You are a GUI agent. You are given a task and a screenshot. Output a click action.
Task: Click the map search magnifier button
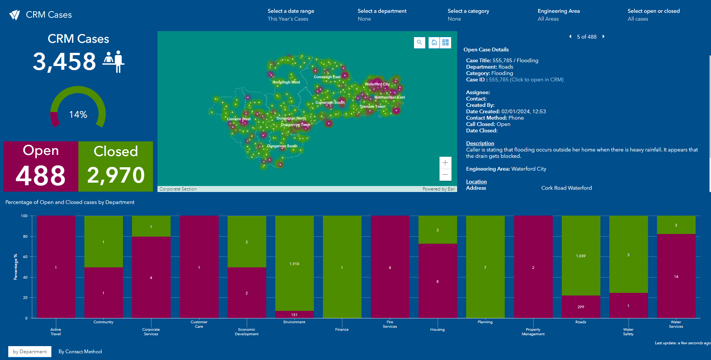pos(420,42)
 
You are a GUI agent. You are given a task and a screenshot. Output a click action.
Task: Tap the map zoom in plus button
pos(445,163)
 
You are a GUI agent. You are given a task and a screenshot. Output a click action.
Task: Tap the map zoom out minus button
pos(445,175)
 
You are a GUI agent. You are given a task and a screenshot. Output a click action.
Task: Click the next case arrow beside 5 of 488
pos(603,36)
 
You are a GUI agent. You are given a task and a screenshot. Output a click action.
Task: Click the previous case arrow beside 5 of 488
pos(570,36)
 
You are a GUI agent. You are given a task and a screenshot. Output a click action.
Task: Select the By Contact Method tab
pos(80,351)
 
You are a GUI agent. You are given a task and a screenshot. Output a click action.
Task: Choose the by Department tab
pos(30,351)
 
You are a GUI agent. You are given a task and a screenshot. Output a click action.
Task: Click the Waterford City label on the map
pos(377,84)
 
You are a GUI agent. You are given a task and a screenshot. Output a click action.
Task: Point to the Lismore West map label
pos(239,119)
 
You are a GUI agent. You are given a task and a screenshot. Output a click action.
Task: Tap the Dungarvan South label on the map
pos(282,146)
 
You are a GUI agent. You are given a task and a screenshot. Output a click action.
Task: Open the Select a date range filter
pos(291,15)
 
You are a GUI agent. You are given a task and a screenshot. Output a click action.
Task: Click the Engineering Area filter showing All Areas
pos(559,15)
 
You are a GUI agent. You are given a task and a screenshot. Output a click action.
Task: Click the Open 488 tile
pos(41,166)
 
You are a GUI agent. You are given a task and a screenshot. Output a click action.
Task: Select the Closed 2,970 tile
pos(115,166)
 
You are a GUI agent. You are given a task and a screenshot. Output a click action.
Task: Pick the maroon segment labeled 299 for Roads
pos(581,307)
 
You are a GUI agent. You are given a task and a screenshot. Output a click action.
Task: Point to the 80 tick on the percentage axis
pos(25,237)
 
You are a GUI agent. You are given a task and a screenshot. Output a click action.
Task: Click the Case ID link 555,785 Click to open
pos(526,79)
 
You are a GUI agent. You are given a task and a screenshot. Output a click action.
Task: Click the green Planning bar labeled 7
pos(485,267)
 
